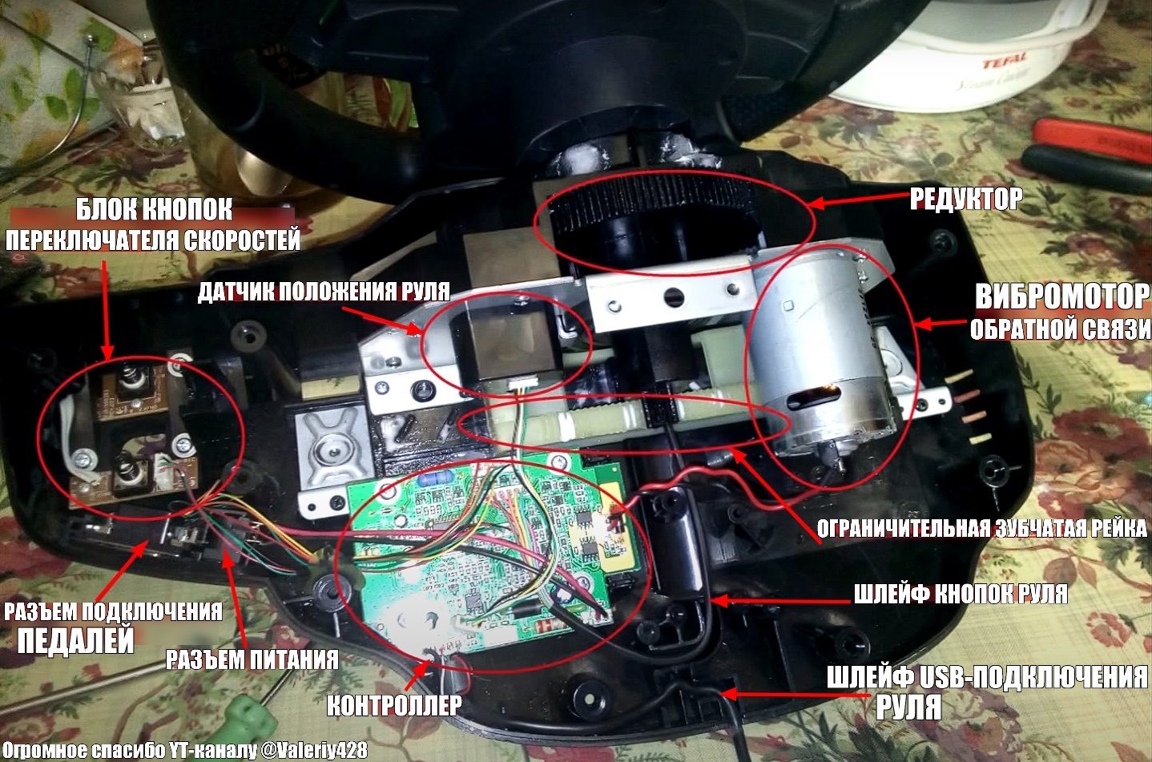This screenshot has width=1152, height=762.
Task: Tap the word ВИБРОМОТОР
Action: pyautogui.click(x=1061, y=296)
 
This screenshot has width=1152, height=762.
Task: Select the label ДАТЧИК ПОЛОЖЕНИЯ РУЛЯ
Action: pyautogui.click(x=324, y=292)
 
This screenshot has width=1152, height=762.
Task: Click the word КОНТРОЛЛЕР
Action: pyautogui.click(x=394, y=705)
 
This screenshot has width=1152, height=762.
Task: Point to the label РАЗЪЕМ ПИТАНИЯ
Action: pyautogui.click(x=252, y=659)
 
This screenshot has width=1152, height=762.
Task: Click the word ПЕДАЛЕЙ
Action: pyautogui.click(x=76, y=640)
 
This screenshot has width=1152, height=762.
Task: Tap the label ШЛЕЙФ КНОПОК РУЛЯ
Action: pyautogui.click(x=961, y=594)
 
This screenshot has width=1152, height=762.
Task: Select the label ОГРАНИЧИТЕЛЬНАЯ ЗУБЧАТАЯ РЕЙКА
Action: pyautogui.click(x=982, y=528)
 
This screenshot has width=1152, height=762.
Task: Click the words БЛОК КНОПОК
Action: pyautogui.click(x=155, y=209)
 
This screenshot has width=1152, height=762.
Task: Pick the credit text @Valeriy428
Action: pyautogui.click(x=315, y=750)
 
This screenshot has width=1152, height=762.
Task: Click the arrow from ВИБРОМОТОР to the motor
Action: pyautogui.click(x=942, y=324)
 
